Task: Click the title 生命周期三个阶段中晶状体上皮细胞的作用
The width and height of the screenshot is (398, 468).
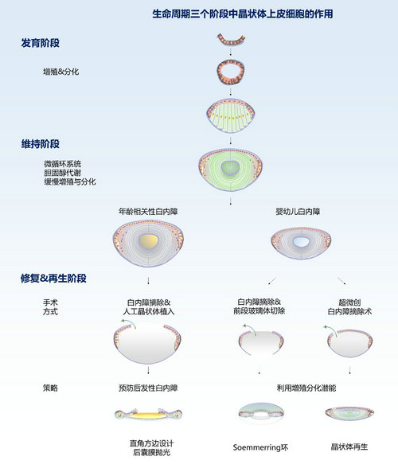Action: click(243, 14)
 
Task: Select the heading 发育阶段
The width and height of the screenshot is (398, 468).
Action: click(40, 43)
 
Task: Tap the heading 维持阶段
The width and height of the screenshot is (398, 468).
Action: click(40, 144)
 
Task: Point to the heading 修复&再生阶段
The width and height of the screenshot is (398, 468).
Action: click(53, 279)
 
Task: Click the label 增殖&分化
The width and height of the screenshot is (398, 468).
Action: click(61, 72)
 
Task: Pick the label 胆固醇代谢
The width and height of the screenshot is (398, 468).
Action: click(62, 173)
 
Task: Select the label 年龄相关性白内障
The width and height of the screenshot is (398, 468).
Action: click(148, 212)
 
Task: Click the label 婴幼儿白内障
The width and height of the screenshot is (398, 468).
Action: click(298, 212)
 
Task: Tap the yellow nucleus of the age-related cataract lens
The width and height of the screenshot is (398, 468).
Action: click(148, 241)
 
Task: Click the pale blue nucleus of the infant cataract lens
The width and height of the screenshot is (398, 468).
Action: click(302, 242)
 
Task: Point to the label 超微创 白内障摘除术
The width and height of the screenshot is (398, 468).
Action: click(349, 307)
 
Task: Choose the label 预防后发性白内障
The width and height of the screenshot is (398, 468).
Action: click(148, 388)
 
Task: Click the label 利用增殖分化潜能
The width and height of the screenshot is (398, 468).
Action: click(306, 388)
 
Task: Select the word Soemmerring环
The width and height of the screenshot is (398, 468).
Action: click(260, 447)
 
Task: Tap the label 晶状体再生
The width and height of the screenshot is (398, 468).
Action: click(349, 447)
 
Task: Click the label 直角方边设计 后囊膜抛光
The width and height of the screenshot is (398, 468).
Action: click(151, 447)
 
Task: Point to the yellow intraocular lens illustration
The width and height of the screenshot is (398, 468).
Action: click(148, 414)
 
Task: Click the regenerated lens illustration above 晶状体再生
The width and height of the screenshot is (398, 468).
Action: click(349, 412)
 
